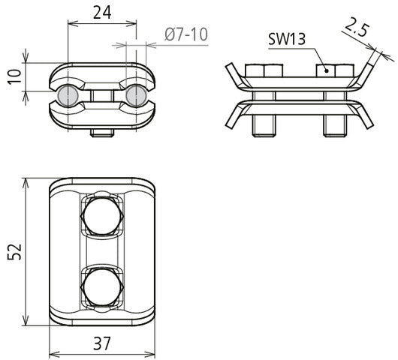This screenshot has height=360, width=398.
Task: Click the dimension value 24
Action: pyautogui.click(x=102, y=12)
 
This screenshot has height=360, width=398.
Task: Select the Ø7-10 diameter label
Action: pyautogui.click(x=183, y=34)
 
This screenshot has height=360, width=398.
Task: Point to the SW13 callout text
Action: pyautogui.click(x=286, y=39)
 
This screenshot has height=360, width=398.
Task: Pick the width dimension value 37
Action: pyautogui.click(x=102, y=343)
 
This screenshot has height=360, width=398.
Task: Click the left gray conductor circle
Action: pyautogui.click(x=68, y=95)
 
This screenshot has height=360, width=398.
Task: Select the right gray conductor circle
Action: pyautogui.click(x=136, y=95)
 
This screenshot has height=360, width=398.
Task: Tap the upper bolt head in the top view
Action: pyautogui.click(x=102, y=217)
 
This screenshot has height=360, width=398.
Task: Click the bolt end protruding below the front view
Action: pyautogui.click(x=102, y=133)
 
